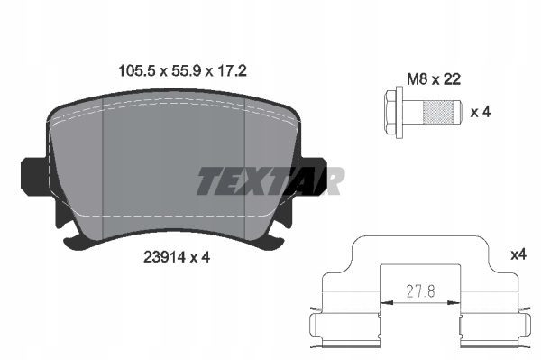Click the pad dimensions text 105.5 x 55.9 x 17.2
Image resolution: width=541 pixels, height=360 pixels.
(x=182, y=71)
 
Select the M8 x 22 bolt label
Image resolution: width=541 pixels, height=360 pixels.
(x=434, y=79)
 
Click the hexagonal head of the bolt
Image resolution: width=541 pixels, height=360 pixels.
(x=390, y=113)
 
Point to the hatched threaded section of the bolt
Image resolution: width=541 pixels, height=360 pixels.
(x=438, y=112)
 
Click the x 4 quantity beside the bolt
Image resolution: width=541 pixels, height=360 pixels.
(x=481, y=112)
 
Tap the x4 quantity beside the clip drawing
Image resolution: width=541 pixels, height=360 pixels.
(x=518, y=255)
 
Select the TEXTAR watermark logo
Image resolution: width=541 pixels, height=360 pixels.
(x=270, y=180)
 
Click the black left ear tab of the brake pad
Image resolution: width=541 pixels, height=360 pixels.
(x=34, y=178)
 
